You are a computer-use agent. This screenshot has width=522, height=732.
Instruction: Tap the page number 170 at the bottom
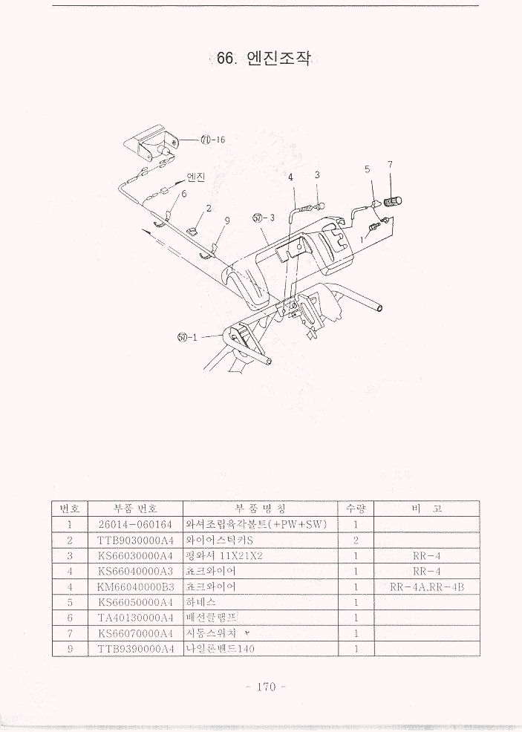[x=266, y=686]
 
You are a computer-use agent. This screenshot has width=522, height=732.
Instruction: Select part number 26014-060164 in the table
[x=134, y=525]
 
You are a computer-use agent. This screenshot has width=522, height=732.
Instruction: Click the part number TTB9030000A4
[x=134, y=540]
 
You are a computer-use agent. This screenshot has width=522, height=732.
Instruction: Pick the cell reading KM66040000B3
[x=134, y=587]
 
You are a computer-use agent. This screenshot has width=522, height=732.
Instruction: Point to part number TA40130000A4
[x=134, y=618]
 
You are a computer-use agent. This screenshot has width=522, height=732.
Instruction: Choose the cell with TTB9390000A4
[x=134, y=649]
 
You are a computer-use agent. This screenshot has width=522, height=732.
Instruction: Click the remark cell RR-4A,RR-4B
[x=427, y=587]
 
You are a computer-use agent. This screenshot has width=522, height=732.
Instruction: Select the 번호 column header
[x=70, y=509]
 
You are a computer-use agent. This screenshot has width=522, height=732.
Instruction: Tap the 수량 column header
[x=356, y=509]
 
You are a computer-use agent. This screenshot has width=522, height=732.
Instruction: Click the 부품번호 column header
[x=134, y=509]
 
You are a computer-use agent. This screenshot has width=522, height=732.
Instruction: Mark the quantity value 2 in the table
[x=356, y=540]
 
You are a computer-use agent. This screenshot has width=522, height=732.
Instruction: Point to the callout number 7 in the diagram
[x=390, y=164]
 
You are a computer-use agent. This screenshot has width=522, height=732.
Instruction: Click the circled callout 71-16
[x=212, y=140]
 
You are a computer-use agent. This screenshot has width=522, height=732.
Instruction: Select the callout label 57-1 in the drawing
[x=187, y=338]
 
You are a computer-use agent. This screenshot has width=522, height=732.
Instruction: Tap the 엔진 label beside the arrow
[x=195, y=177]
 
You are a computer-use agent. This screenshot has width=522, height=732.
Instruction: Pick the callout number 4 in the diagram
[x=291, y=177]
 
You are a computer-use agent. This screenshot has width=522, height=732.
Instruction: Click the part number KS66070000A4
[x=134, y=633]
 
